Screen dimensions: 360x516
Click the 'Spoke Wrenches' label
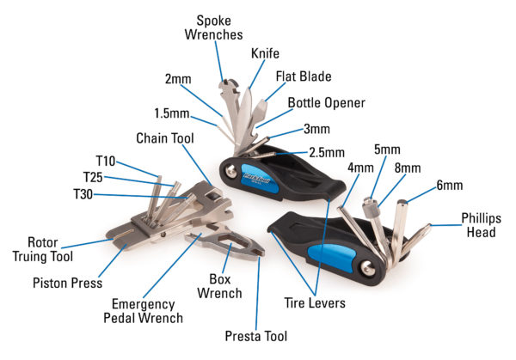pyautogui.click(x=220, y=27)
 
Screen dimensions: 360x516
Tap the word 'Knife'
pyautogui.click(x=266, y=53)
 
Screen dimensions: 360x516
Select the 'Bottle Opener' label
pyautogui.click(x=326, y=103)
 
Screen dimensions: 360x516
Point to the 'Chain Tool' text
pyautogui.click(x=166, y=138)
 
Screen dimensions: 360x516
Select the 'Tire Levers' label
pyautogui.click(x=316, y=302)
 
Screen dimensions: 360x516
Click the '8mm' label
pyautogui.click(x=408, y=168)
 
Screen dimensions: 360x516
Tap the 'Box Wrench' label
pyautogui.click(x=226, y=286)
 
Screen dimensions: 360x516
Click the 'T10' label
pyautogui.click(x=106, y=162)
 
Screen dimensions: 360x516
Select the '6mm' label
pyautogui.click(x=449, y=185)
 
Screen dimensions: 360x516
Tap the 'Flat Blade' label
pyautogui.click(x=304, y=76)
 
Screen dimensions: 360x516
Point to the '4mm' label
pyautogui.click(x=362, y=166)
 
